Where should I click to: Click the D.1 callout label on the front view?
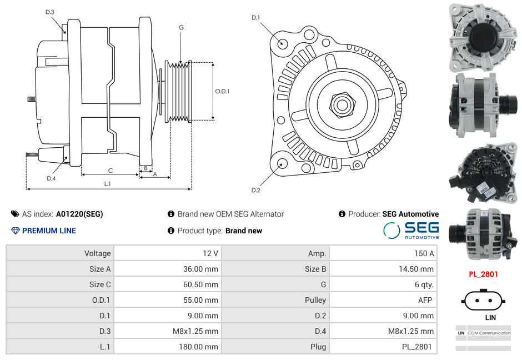pos(255,18)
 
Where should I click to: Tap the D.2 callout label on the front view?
pos(255,191)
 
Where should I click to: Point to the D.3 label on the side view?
pos(50,12)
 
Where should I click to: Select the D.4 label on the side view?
pos(51,178)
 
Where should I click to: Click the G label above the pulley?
pos(181,27)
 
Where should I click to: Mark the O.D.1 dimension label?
pos(222,92)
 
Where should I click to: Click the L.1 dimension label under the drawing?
pos(108,184)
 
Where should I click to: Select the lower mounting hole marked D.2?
pos(282,163)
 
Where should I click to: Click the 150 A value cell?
pos(424,253)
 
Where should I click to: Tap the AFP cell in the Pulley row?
pos(425,300)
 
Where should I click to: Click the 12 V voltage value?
pos(210,253)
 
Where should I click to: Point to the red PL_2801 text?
pos(483,274)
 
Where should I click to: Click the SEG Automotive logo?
pos(411,231)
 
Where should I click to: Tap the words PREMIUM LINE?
pos(49,231)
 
